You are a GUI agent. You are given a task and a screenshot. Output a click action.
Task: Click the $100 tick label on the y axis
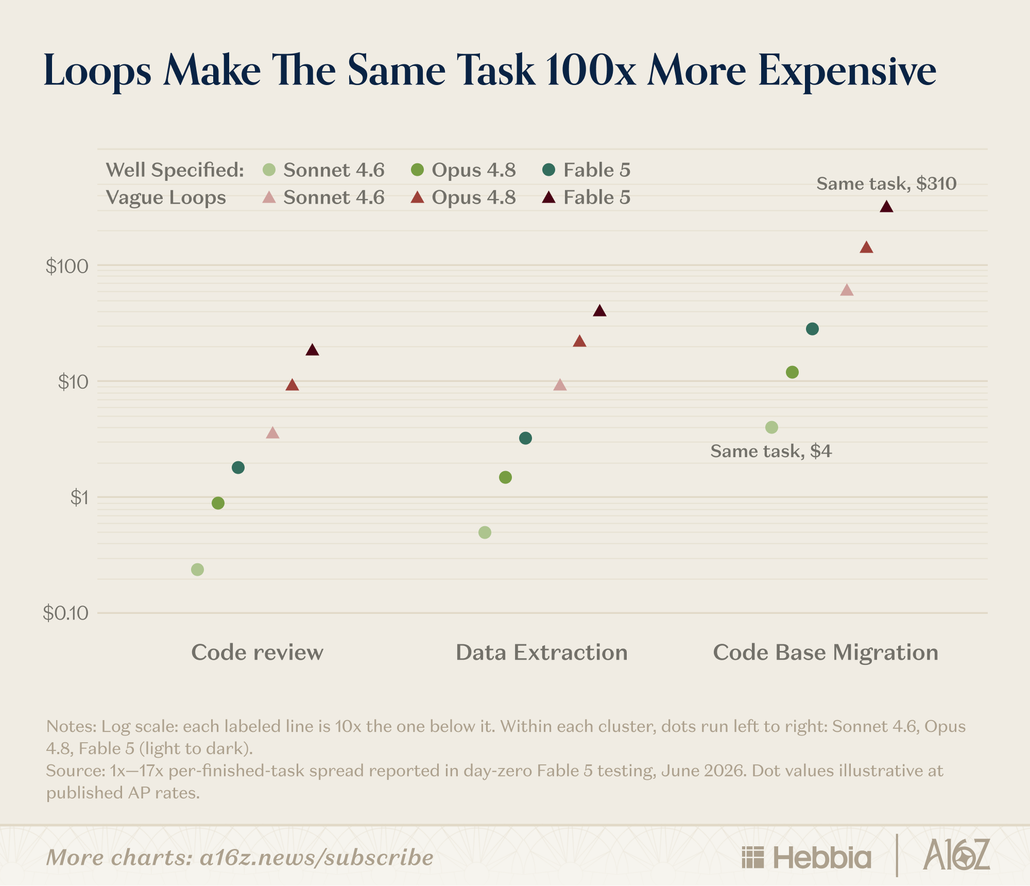[x=67, y=266]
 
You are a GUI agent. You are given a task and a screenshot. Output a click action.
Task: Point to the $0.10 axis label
[x=65, y=613]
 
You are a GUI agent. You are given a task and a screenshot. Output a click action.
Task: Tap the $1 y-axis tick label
[x=79, y=498]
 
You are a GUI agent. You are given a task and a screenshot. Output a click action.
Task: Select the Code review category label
[x=257, y=653]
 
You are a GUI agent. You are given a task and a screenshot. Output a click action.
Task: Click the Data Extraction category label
[x=542, y=653]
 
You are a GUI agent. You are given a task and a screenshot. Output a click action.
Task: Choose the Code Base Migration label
[x=826, y=653]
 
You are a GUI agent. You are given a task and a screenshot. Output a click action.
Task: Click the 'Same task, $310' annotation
[x=886, y=183]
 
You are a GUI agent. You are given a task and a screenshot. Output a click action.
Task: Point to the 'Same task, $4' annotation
[x=771, y=452]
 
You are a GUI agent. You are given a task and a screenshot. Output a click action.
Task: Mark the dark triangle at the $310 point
[x=886, y=207]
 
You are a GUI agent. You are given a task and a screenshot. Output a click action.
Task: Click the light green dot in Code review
[x=197, y=570]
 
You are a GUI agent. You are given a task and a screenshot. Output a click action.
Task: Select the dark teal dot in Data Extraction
[x=525, y=439]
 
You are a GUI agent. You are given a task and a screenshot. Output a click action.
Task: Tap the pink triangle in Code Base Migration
[x=847, y=290]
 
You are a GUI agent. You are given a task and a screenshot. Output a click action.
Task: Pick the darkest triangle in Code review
[x=312, y=350]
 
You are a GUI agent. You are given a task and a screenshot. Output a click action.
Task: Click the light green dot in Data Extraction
[x=485, y=532]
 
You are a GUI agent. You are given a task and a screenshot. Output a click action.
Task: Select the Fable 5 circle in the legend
[x=549, y=170]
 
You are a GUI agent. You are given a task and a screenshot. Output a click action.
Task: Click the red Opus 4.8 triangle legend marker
[x=417, y=197]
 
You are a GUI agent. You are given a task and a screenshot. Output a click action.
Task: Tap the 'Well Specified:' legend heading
[x=175, y=170]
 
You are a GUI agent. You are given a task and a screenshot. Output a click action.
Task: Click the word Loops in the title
[x=98, y=71]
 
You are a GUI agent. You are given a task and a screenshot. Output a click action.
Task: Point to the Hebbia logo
[x=806, y=858]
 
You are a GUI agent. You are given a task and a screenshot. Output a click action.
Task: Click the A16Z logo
[x=957, y=855]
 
